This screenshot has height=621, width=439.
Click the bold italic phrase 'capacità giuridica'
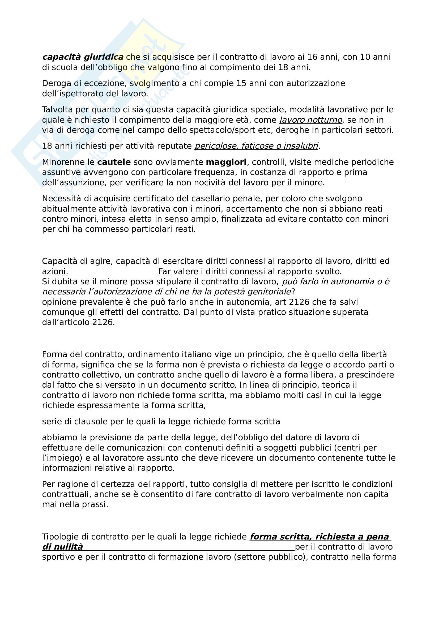coord(83,57)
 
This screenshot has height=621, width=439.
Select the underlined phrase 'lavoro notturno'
coord(310,120)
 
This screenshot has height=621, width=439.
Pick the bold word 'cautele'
coord(114,162)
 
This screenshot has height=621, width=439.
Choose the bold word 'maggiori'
coord(226,162)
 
